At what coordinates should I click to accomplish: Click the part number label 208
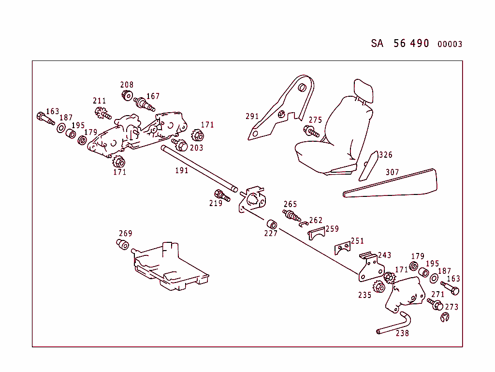127,85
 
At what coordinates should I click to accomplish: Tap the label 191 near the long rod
181,170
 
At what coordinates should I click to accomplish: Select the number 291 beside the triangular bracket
252,116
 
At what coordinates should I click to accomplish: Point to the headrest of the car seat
363,90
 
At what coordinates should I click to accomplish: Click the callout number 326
386,155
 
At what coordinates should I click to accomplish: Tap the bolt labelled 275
311,131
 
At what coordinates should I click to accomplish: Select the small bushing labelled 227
272,224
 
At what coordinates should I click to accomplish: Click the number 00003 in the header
450,45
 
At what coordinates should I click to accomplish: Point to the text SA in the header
377,44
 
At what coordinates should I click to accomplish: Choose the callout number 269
125,234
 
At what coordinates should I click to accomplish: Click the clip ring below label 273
445,318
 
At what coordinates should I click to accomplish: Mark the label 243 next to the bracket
385,255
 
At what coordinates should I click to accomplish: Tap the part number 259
332,229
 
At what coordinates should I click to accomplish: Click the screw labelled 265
291,214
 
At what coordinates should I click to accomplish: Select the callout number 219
216,203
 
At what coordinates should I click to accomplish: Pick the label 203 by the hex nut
196,148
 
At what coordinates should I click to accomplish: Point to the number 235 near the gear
365,295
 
